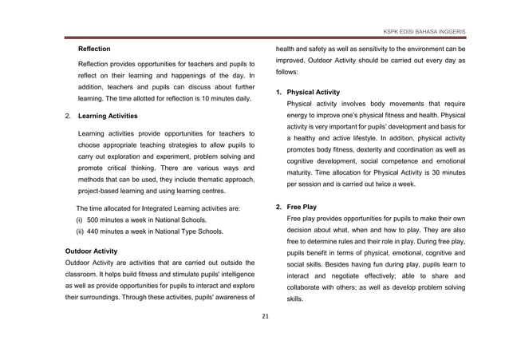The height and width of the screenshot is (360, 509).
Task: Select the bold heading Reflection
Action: [x=93, y=49]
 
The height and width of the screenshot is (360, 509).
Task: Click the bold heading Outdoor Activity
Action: [x=91, y=251]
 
